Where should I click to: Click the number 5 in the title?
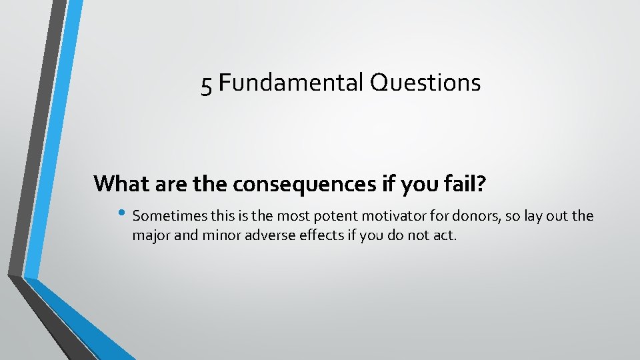pyautogui.click(x=207, y=84)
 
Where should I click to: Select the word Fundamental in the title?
pyautogui.click(x=289, y=83)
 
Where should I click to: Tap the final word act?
pyautogui.click(x=445, y=235)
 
